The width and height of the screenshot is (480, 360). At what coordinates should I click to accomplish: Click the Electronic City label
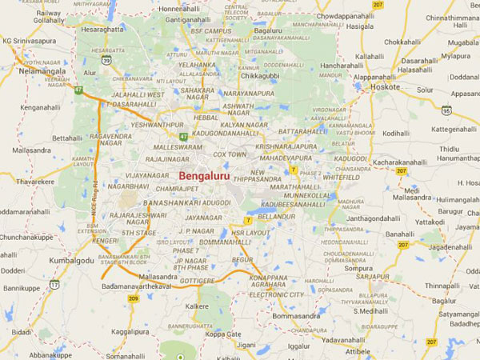tap(276, 294)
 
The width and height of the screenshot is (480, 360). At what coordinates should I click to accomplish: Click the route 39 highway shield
tap(106, 60)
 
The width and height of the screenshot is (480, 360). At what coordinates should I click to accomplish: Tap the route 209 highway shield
tap(133, 298)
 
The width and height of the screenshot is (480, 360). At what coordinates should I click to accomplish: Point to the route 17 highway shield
tap(54, 285)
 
